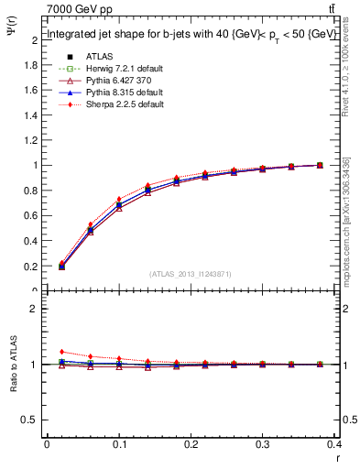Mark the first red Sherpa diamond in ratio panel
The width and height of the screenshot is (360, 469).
point(61,352)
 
